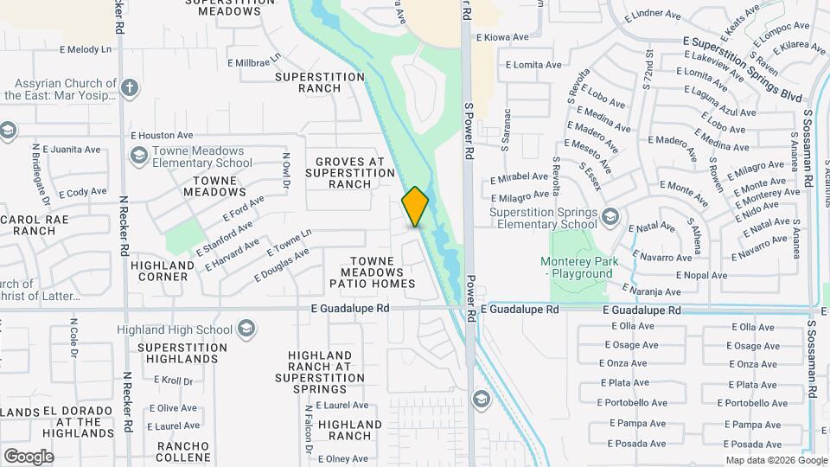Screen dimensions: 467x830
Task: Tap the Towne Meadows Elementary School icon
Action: [x=137, y=156]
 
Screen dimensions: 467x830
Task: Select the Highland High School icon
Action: [x=246, y=329]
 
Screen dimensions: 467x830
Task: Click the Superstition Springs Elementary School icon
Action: [x=611, y=215]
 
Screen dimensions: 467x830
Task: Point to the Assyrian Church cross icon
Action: [x=129, y=87]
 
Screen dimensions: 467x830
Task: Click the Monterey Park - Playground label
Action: [x=577, y=267]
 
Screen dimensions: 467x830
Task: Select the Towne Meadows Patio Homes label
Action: [x=372, y=272]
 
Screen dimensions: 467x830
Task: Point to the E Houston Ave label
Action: [x=162, y=136]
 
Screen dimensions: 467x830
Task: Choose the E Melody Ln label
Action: [x=86, y=50]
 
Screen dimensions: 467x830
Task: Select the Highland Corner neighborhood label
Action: [x=163, y=271]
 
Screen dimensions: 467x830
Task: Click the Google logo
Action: [x=29, y=457]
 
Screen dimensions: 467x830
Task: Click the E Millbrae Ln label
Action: [x=254, y=61]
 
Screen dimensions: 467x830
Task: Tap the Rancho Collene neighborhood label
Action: [x=182, y=451]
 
